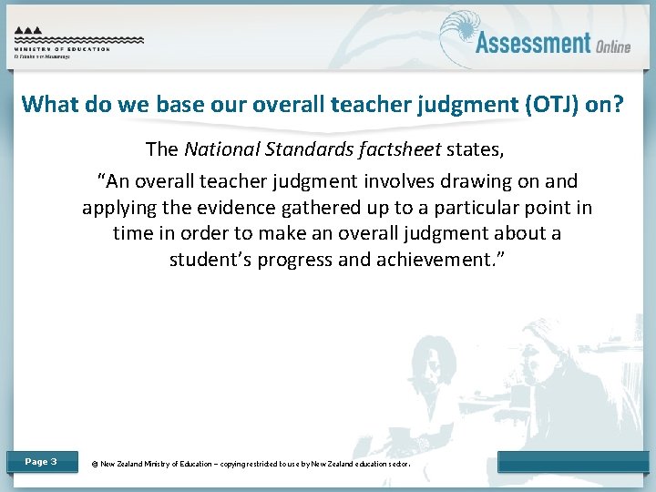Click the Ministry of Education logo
click(78, 41)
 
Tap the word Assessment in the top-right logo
click(533, 42)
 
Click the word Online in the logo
click(614, 46)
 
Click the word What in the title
click(47, 104)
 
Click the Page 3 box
click(41, 462)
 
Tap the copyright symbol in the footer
click(95, 464)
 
